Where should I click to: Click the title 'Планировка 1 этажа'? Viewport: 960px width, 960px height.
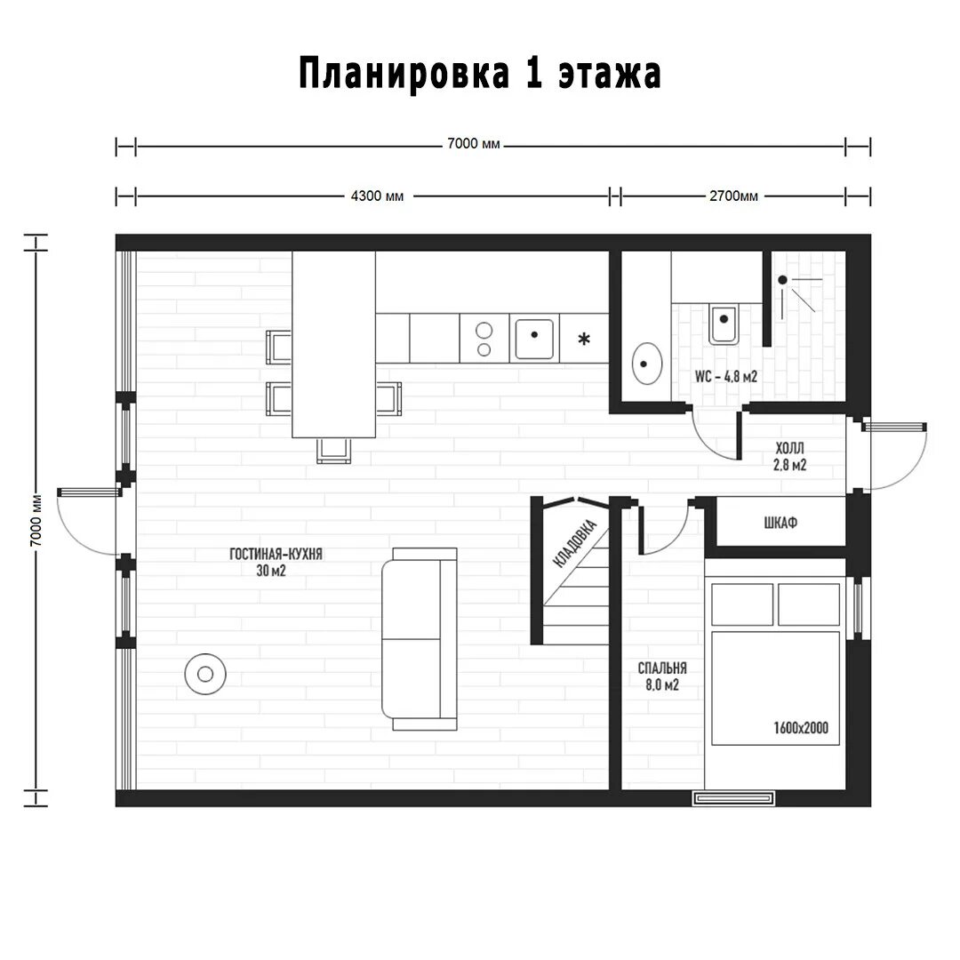pos(479,75)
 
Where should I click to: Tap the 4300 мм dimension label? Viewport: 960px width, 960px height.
pos(377,196)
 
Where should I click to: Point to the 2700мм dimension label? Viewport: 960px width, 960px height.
pos(733,196)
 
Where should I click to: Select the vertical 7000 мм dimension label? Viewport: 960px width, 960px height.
pos(35,520)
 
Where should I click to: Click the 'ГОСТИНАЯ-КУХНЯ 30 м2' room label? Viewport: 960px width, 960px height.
pos(276,562)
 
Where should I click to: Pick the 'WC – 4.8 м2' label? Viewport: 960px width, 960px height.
pos(726,377)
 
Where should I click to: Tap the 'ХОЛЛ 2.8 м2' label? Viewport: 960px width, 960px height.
pos(789,454)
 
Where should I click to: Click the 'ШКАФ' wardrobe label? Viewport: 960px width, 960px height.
pos(780,523)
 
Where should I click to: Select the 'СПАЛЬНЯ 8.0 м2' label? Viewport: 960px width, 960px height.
pos(661,676)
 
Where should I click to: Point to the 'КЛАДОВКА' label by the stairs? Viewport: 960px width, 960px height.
pos(574,543)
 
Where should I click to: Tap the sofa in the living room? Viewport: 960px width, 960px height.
pos(420,638)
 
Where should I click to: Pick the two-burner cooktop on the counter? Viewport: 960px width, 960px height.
pos(484,338)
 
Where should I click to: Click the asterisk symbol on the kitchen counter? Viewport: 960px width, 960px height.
pos(584,339)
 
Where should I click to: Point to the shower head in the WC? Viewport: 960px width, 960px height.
pos(783,280)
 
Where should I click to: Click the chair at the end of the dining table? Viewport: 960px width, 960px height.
pos(332,450)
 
